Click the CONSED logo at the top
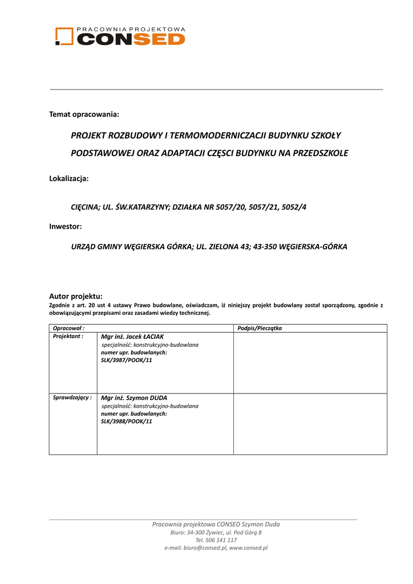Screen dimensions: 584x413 tap(120, 36)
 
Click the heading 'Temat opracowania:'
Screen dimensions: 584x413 tap(84, 115)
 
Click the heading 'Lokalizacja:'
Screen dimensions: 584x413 tap(69, 179)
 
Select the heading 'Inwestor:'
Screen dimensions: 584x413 tap(66, 226)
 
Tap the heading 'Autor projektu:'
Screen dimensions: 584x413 tap(76, 296)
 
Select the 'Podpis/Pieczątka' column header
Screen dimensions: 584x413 tap(260, 328)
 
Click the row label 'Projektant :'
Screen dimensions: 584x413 tap(68, 336)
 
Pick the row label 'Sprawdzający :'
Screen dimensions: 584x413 tap(72, 397)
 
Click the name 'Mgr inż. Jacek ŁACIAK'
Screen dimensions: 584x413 tap(132, 337)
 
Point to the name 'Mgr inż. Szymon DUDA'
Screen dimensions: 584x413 tap(134, 398)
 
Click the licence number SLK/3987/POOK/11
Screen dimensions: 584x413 tap(127, 361)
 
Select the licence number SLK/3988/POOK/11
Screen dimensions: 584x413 tap(127, 421)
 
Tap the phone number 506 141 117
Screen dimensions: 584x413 tap(222, 540)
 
